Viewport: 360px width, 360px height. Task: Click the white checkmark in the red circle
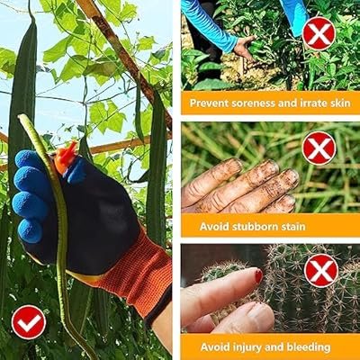point(29,323)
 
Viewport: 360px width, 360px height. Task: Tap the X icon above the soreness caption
point(319,33)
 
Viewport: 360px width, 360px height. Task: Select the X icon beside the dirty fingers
point(319,148)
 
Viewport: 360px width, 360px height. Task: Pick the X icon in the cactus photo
point(321,271)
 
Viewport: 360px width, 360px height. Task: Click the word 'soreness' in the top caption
point(249,103)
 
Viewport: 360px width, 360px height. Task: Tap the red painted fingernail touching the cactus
point(258,275)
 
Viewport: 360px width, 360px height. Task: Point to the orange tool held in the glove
point(65,157)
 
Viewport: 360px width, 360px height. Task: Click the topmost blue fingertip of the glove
point(29,159)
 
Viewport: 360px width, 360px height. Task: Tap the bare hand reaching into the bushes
point(245,48)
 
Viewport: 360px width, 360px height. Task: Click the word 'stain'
point(292,226)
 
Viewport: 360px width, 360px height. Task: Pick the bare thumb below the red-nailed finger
point(243,318)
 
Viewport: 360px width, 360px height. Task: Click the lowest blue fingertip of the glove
point(30,231)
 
